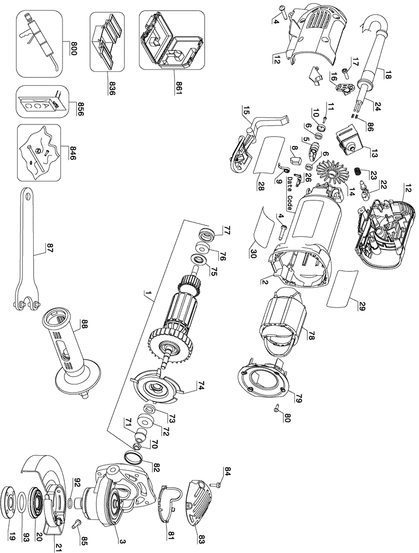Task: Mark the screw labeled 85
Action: [77, 521]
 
